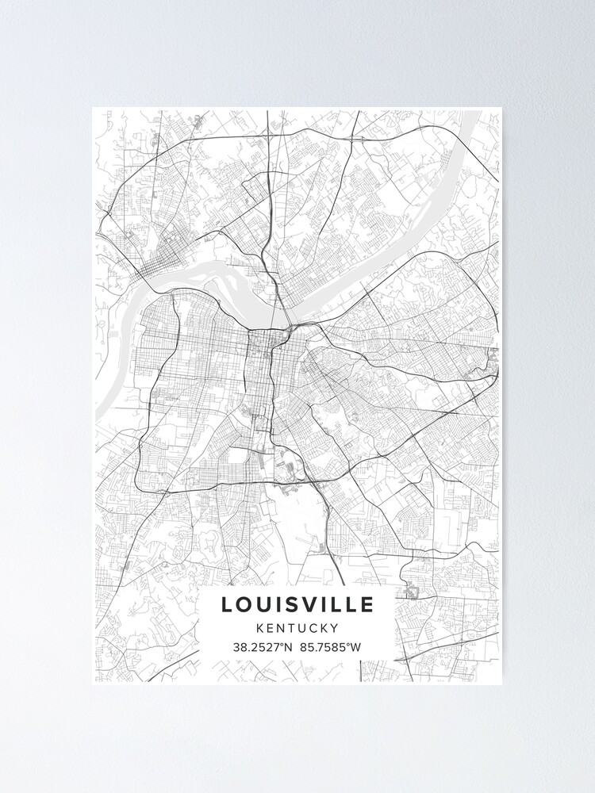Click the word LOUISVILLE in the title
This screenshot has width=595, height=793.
(297, 605)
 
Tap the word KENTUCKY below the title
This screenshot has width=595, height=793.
(297, 628)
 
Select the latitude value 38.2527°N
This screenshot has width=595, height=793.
(263, 647)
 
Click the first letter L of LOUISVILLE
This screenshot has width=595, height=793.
(228, 605)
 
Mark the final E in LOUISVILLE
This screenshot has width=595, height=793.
(367, 605)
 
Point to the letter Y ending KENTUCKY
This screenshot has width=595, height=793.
(335, 628)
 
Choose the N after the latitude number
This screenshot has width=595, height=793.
(289, 647)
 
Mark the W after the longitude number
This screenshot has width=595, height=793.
(356, 647)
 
